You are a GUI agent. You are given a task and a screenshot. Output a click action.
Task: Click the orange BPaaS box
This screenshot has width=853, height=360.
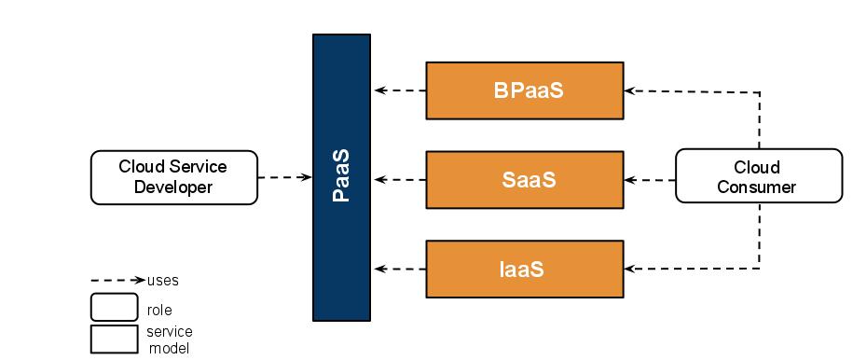(524, 90)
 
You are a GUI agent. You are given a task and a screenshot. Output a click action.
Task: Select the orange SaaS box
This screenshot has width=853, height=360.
(524, 179)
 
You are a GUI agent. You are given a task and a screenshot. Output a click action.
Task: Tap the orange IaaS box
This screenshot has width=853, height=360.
(524, 269)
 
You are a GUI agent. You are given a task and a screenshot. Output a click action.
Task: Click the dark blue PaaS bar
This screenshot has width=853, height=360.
(341, 177)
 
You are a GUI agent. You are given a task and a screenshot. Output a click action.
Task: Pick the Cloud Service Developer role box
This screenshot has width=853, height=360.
(173, 177)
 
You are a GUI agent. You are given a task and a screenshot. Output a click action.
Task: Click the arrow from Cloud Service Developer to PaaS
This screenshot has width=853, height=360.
(284, 177)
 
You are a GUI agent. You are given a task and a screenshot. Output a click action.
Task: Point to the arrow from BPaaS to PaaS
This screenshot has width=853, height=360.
(399, 90)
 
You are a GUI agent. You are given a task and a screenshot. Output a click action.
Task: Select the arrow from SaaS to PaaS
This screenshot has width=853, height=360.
(399, 179)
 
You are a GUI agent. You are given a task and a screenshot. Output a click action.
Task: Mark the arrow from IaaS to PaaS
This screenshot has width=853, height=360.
(399, 269)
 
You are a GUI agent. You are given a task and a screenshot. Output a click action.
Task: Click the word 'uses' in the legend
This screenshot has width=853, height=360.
(163, 280)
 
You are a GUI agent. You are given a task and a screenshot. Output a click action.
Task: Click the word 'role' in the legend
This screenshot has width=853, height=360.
(159, 310)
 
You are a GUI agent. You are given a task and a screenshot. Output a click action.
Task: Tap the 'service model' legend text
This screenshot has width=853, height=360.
(169, 339)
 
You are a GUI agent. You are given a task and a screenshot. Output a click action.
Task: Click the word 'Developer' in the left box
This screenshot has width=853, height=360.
(173, 187)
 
